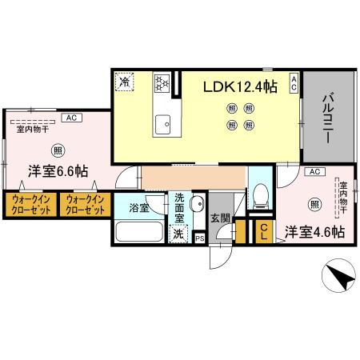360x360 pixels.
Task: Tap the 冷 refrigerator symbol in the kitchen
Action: click(x=125, y=80)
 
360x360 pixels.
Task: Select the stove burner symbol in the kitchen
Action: click(x=160, y=82)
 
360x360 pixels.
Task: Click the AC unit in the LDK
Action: click(x=294, y=83)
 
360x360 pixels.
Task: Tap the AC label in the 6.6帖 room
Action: click(x=70, y=118)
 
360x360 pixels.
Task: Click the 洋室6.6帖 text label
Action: click(x=59, y=171)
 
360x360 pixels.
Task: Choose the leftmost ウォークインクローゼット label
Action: click(x=30, y=203)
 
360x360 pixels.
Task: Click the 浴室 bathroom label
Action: click(x=138, y=209)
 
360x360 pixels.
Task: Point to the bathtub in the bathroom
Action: click(x=139, y=233)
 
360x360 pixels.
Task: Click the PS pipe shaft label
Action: click(x=199, y=238)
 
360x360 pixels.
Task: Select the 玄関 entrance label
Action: click(x=220, y=217)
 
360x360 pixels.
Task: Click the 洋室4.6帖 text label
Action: click(x=315, y=232)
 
